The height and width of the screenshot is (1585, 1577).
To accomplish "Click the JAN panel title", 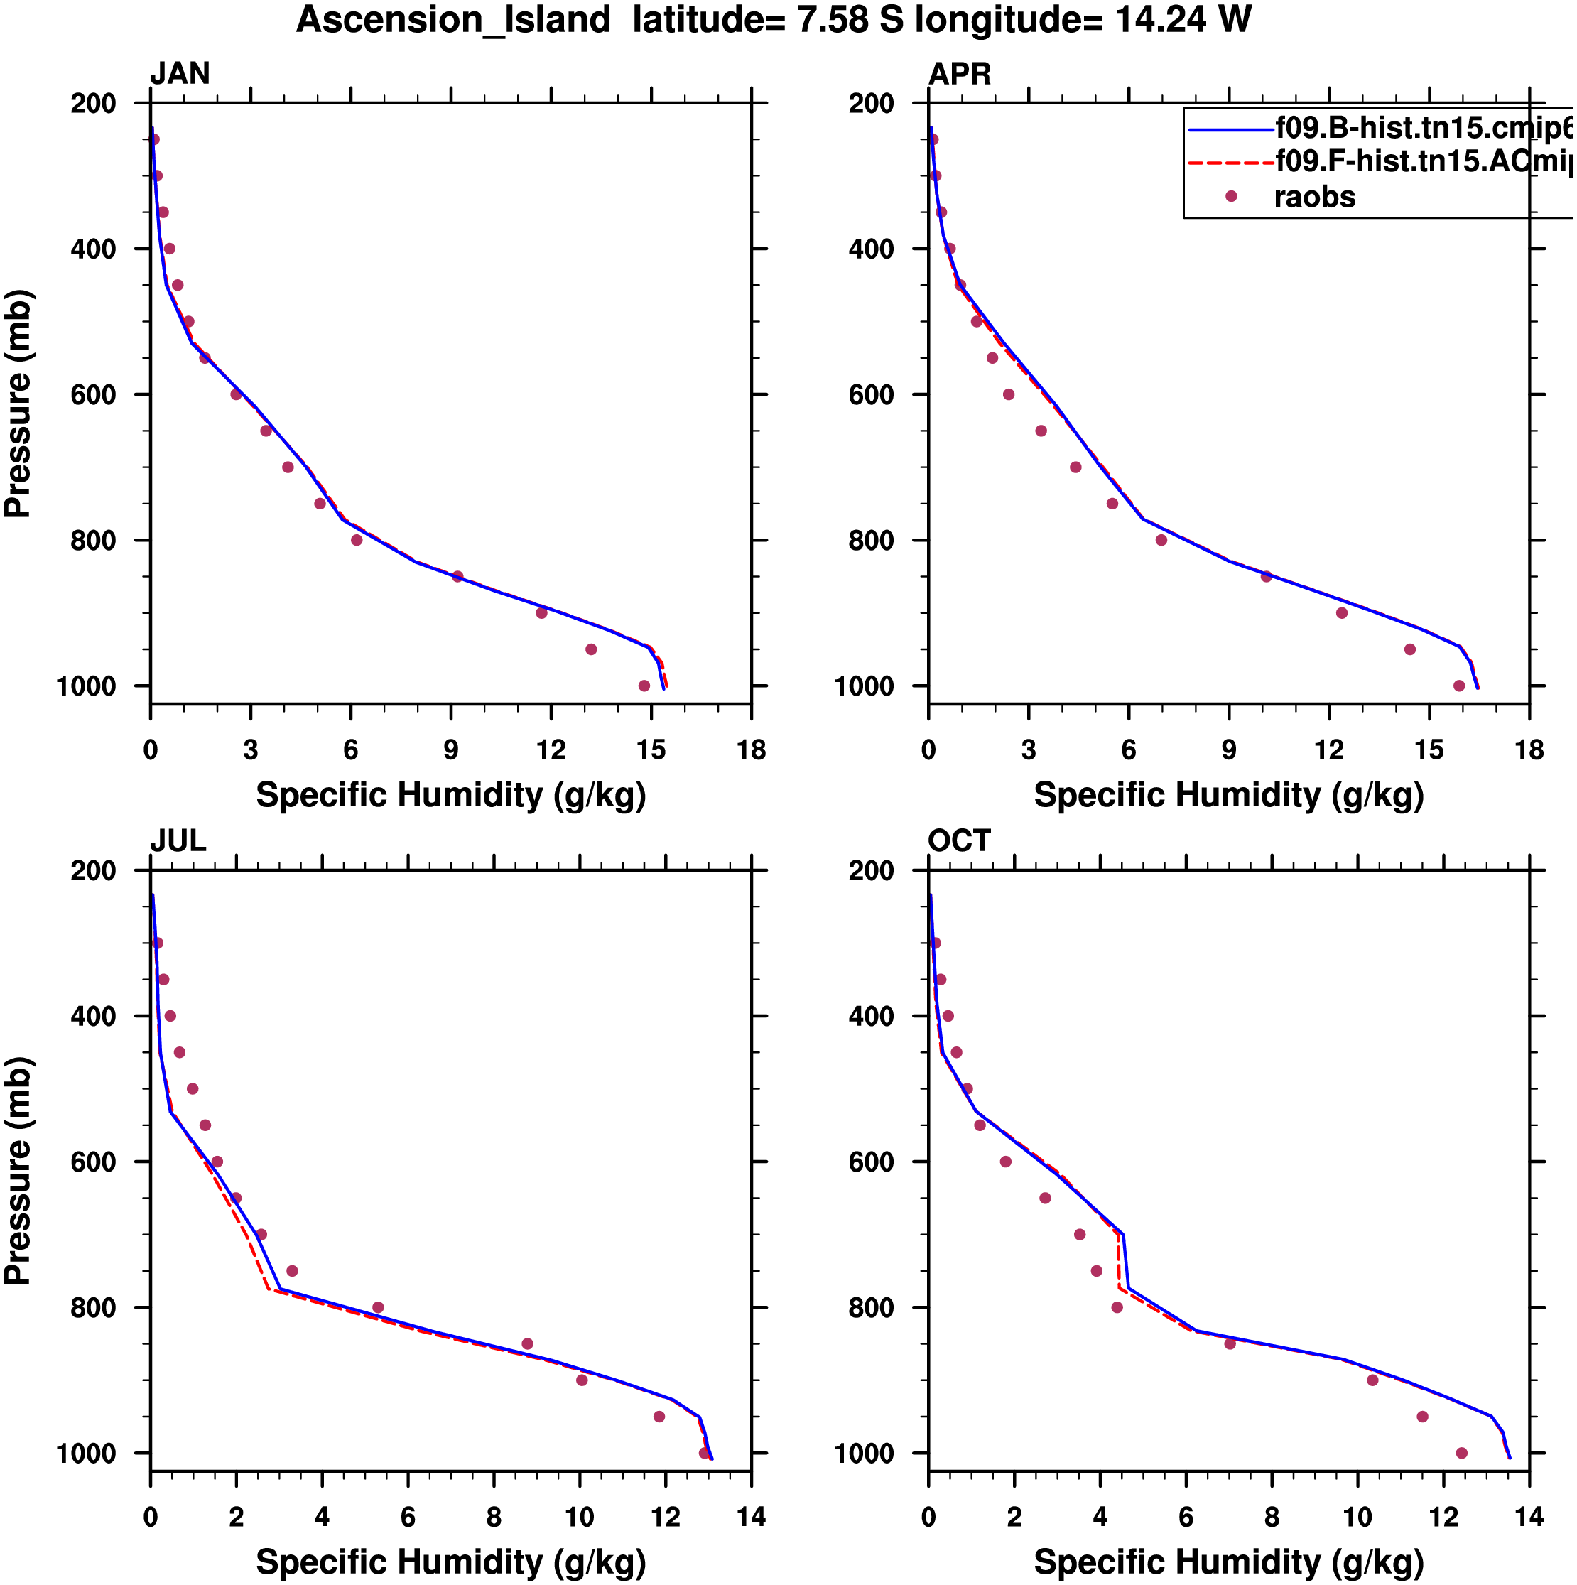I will (x=180, y=74).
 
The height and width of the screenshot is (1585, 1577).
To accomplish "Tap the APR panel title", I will (x=959, y=74).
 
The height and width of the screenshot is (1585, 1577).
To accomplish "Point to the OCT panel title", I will (x=959, y=841).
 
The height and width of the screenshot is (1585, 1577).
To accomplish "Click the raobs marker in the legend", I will (x=1231, y=196).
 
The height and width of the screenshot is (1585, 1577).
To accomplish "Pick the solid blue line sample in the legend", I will (x=1231, y=129).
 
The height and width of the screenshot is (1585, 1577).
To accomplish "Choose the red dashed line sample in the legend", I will (x=1231, y=163).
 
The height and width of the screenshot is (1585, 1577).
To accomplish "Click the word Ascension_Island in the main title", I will (x=454, y=20).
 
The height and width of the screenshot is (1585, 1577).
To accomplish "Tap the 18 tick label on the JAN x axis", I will (x=751, y=750).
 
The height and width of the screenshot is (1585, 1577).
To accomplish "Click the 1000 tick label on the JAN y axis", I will (x=86, y=686).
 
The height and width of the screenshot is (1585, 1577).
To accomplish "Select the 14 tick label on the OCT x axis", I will (x=1529, y=1517).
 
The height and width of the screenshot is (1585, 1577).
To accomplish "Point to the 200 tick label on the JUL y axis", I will (x=94, y=870).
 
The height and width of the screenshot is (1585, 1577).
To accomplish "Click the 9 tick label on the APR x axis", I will (x=1229, y=750).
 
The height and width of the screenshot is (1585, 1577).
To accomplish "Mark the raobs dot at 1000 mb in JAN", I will (x=644, y=686).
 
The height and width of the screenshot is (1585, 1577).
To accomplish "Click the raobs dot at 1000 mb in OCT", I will (x=1461, y=1453).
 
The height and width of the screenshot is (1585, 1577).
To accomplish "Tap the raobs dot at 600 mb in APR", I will (x=1009, y=394).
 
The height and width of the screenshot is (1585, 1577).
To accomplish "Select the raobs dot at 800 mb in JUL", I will (x=377, y=1308).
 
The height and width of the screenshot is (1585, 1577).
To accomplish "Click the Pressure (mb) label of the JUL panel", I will (x=18, y=1170).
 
